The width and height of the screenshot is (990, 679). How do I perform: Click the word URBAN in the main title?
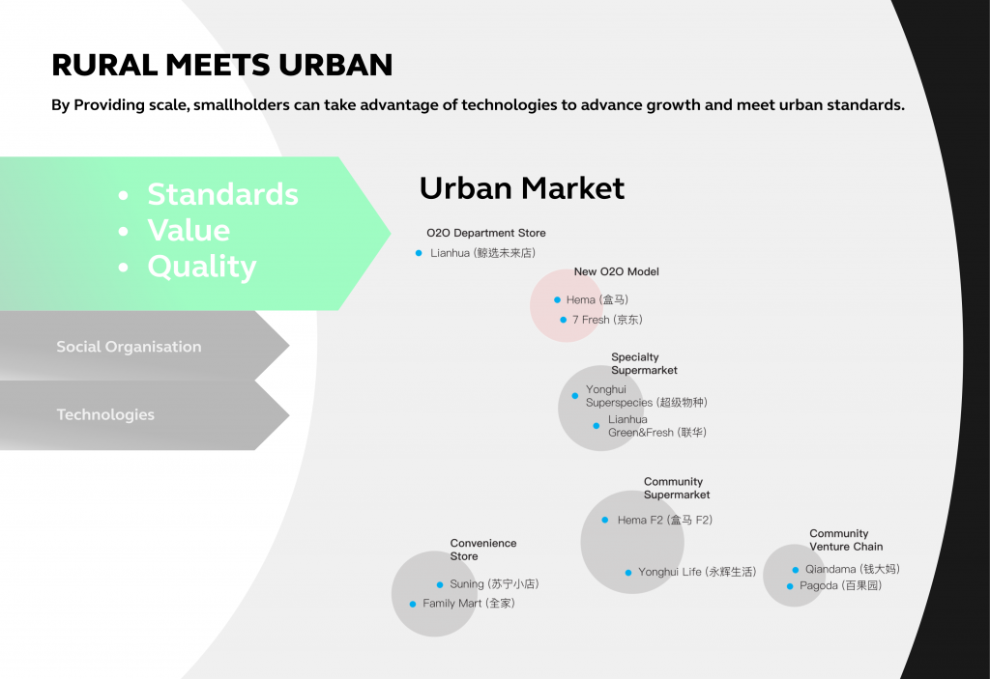335,65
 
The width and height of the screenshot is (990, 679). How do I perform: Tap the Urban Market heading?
522,188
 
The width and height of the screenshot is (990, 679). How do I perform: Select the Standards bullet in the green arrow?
223,194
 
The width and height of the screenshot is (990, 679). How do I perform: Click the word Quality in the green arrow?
202,267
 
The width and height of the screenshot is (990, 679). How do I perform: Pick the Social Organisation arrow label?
129,347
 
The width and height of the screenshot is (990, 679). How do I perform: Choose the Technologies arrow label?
105,414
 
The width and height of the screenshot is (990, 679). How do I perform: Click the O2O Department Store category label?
486,233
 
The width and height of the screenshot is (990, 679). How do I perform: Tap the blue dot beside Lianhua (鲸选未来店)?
419,253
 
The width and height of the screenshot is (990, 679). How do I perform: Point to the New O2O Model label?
616,272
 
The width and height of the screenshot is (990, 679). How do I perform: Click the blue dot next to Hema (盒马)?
558,299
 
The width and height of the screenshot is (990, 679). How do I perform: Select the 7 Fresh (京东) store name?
607,320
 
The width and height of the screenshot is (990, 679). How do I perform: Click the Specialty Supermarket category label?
644,363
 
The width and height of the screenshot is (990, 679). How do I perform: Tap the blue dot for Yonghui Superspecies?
575,396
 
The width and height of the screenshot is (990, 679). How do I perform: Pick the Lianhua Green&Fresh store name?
657,426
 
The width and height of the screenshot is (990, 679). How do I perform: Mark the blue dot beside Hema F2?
605,520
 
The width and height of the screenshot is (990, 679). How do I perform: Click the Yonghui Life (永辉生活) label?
697,572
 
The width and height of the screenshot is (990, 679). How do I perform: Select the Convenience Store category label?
483,550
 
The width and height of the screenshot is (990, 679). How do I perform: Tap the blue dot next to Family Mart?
413,604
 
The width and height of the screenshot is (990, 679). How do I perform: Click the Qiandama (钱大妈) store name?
853,569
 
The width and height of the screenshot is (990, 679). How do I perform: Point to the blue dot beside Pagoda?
790,586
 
